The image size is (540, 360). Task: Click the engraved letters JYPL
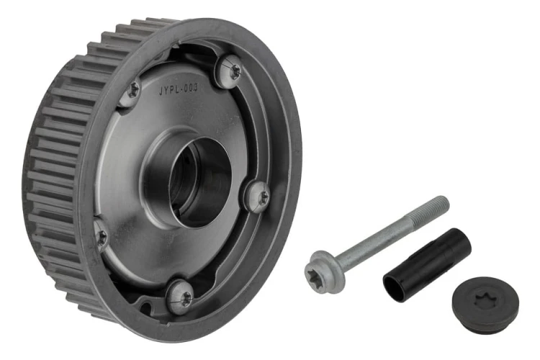tap(169, 90)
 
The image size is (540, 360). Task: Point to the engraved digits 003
tap(191, 88)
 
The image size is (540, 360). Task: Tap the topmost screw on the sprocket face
tap(230, 71)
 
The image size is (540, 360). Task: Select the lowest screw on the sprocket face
tap(181, 297)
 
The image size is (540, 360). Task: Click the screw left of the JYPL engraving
tap(130, 91)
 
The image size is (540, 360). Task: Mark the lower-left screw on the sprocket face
tap(101, 235)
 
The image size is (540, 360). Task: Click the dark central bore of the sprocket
tap(199, 182)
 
